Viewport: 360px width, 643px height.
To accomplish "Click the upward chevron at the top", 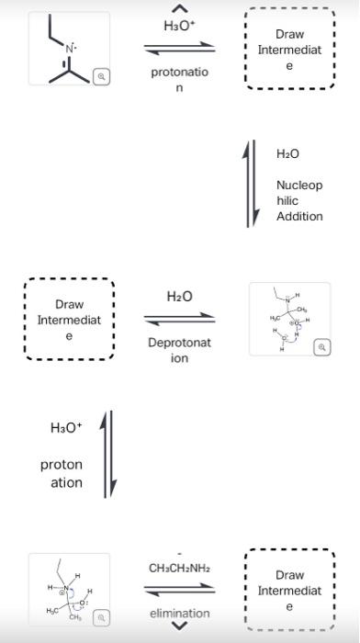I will pyautogui.click(x=180, y=7).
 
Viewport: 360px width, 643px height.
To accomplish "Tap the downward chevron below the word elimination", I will pyautogui.click(x=180, y=627).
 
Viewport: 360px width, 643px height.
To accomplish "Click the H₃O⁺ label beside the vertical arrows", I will pyautogui.click(x=65, y=428).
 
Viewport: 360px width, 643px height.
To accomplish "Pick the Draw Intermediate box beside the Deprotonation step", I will pyautogui.click(x=70, y=320).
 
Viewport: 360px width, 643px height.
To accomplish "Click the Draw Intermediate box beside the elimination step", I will pyautogui.click(x=289, y=590).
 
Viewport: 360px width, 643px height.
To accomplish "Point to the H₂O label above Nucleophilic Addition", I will pyautogui.click(x=287, y=153).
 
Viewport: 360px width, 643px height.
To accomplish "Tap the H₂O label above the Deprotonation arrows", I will pyautogui.click(x=179, y=296).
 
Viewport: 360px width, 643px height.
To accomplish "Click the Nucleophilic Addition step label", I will pyautogui.click(x=299, y=200).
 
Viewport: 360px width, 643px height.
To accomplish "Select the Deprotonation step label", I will pyautogui.click(x=180, y=350).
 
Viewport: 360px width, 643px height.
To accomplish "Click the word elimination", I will pyautogui.click(x=180, y=613).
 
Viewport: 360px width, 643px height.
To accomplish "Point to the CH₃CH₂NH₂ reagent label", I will pyautogui.click(x=180, y=569).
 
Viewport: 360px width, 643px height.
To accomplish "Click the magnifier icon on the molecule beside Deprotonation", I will pyautogui.click(x=321, y=347).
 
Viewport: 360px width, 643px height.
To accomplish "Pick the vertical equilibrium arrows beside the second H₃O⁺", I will pyautogui.click(x=107, y=452).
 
